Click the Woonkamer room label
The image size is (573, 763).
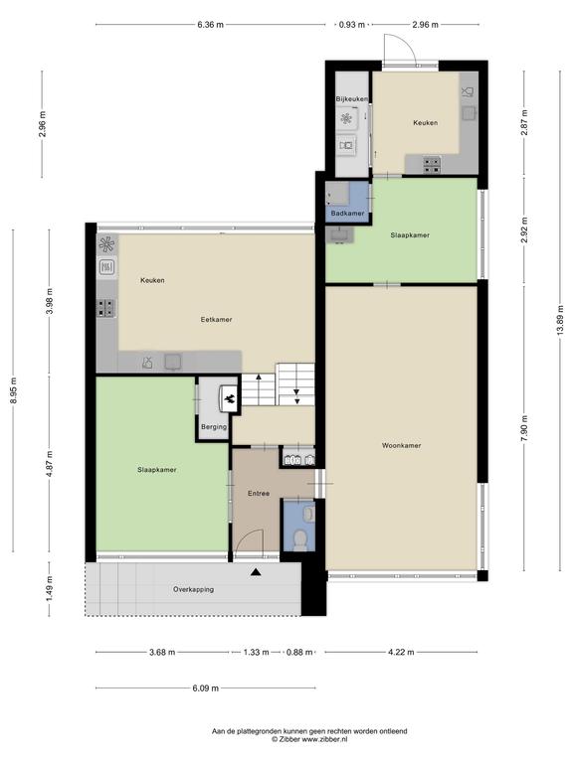pos(401,445)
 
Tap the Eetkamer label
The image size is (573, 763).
pos(216,320)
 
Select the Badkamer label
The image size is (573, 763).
pos(347,214)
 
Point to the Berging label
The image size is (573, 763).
pos(214,427)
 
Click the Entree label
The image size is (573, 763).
pos(259,494)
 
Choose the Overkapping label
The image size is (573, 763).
pos(193,590)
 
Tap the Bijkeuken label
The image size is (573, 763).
pos(352,98)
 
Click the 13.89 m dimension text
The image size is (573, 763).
pos(560,320)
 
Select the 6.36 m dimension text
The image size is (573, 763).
pos(211,25)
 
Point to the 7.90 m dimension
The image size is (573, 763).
pos(524,429)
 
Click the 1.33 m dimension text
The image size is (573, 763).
pos(257,652)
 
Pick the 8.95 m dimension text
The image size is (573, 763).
pos(14,390)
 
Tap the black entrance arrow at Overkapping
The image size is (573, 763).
pos(256,572)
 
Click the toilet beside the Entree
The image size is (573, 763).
pos(299,539)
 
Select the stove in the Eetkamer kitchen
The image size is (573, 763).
pos(106,308)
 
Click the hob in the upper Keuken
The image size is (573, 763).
pos(432,165)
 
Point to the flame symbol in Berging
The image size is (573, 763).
pos(229,399)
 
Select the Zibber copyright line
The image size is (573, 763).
pos(310,739)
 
